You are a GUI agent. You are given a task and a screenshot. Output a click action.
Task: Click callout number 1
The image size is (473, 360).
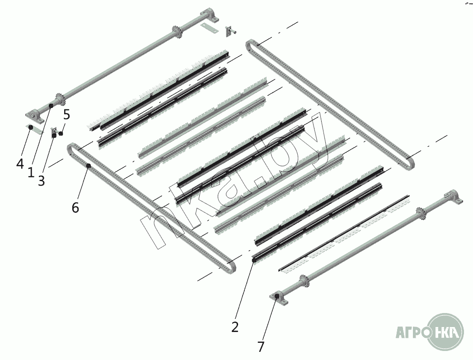[x=31, y=173]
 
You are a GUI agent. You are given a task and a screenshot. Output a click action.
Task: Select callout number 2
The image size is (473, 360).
[x=235, y=327]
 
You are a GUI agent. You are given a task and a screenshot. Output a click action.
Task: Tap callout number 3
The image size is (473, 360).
[x=42, y=181]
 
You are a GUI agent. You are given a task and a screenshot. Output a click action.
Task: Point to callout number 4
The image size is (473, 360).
[x=20, y=164]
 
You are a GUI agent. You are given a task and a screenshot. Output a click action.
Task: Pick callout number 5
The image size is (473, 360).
[x=66, y=115]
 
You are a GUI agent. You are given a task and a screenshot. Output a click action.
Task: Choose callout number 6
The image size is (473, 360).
[x=75, y=207]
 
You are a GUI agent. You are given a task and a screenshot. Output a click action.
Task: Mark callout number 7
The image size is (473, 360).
[x=261, y=346]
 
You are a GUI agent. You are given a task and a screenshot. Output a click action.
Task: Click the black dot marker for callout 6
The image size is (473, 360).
[x=89, y=166]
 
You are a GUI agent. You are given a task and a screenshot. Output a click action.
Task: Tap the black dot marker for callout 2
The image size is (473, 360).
[x=254, y=261]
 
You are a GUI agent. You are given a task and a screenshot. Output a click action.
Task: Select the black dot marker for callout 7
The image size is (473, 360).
[x=276, y=298]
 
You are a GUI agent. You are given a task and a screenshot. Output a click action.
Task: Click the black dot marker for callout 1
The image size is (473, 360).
[x=51, y=106]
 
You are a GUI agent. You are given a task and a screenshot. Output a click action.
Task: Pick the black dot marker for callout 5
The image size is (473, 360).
[x=61, y=134]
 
